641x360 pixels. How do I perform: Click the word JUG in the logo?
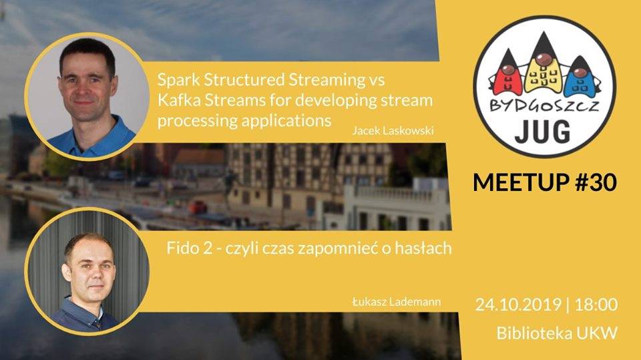542,132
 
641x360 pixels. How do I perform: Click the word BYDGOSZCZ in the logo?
544,106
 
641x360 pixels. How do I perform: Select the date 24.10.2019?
518,305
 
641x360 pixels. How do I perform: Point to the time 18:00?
596,305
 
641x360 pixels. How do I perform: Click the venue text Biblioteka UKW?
557,333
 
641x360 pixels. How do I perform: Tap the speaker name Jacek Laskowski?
393,131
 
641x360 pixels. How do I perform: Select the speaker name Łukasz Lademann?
397,302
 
